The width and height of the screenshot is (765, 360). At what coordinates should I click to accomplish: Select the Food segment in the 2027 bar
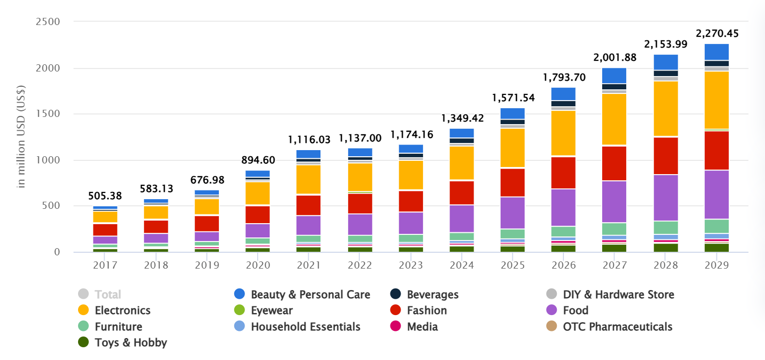click(x=614, y=202)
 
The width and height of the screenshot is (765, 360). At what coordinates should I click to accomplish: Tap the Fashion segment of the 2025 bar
click(x=512, y=182)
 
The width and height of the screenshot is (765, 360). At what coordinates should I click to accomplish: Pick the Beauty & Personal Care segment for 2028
click(x=665, y=62)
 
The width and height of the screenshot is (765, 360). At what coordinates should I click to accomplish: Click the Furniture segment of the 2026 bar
click(x=563, y=231)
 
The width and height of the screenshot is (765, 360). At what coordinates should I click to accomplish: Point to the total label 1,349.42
click(x=462, y=119)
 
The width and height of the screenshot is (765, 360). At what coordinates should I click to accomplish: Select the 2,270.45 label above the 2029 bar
click(x=717, y=34)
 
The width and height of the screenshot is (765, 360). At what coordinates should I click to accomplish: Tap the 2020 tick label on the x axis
click(x=258, y=266)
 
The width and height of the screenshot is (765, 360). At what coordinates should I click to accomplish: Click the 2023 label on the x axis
click(x=411, y=266)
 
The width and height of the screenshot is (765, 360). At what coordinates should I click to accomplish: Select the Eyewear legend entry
click(x=272, y=310)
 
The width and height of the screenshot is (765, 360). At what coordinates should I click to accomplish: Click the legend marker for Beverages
click(x=395, y=295)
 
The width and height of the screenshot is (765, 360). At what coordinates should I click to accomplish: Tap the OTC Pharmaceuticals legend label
click(x=618, y=327)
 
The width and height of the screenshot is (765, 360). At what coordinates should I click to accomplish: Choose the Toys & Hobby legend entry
click(x=131, y=343)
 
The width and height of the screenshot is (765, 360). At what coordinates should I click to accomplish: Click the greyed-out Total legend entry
click(x=108, y=295)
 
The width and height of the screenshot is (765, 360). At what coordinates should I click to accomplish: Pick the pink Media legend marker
click(x=395, y=327)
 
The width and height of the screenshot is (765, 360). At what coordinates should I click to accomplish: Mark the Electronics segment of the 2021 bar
click(x=309, y=179)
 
